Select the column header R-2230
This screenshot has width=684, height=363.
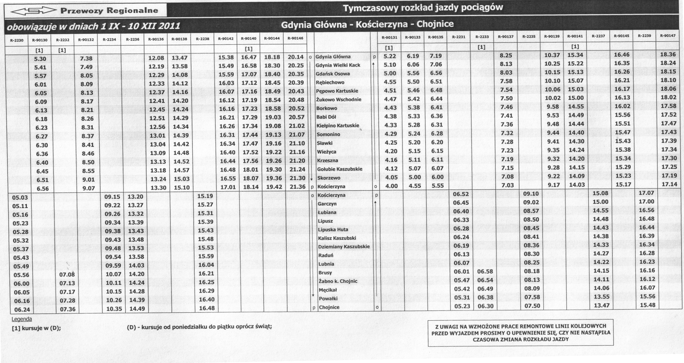pos(17,40)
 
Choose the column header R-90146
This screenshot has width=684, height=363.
pos(295,38)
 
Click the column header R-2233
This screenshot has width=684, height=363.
pos(482,37)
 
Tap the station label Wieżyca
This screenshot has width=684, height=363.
pos(327,152)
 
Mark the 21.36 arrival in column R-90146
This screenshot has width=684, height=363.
pos(297,187)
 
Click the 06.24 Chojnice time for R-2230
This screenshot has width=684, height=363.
pos(22,310)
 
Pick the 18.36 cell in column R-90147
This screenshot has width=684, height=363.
pos(668,54)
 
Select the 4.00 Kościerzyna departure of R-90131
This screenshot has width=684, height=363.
pos(391,186)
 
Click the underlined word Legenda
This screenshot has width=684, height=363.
pos(22,319)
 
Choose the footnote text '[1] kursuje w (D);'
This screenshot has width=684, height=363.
pos(36,328)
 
